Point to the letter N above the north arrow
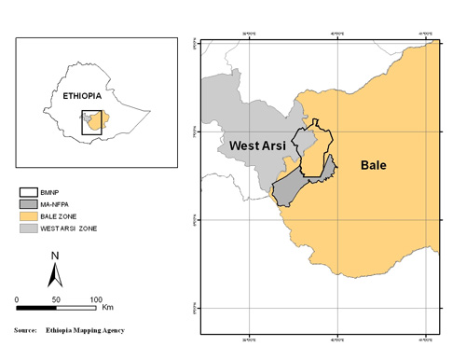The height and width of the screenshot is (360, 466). tap(55, 256)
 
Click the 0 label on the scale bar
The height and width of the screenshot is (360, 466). tap(17, 298)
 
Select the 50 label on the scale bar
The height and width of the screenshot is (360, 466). tap(56, 298)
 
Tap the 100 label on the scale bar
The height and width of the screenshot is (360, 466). tap(95, 298)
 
